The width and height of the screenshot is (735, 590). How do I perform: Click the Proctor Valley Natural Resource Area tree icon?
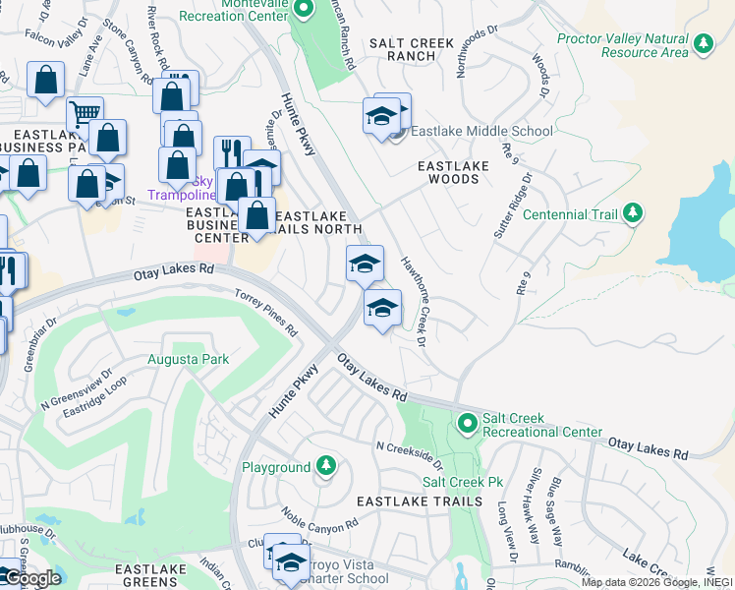coord(704,43)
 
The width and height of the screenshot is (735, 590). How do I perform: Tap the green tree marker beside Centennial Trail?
coord(634,213)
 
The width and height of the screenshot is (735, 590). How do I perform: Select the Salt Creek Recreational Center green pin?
coord(467,424)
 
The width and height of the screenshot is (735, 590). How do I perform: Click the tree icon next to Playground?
coord(325,467)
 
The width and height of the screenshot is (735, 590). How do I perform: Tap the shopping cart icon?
coord(85,113)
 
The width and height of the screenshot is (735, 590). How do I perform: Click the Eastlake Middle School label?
coord(481,131)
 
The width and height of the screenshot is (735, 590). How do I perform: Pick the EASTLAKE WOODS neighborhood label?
coord(454,172)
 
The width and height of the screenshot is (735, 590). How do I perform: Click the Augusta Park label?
coord(188,359)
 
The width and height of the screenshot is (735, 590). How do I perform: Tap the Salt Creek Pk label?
coord(462,482)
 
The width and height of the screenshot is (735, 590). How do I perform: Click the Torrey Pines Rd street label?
coord(265,313)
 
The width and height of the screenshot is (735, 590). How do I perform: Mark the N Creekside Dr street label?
coord(410,455)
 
